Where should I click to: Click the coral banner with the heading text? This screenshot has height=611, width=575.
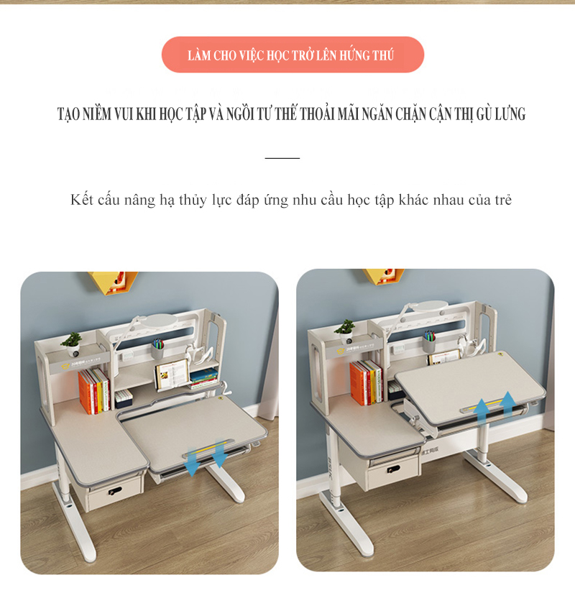pyautogui.click(x=293, y=55)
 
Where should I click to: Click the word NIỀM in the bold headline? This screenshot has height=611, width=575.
pyautogui.click(x=96, y=114)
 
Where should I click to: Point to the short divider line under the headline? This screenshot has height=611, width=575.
pyautogui.click(x=282, y=158)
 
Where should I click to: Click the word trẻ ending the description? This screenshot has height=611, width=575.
pyautogui.click(x=503, y=201)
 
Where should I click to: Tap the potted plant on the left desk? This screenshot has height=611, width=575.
pyautogui.click(x=72, y=344)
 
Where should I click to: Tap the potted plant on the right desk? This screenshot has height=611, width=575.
pyautogui.click(x=345, y=331)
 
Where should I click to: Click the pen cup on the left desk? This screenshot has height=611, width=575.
pyautogui.click(x=157, y=349)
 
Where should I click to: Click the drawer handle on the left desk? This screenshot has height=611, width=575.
pyautogui.click(x=114, y=491)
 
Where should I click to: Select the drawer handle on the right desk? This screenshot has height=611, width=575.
pyautogui.click(x=395, y=469)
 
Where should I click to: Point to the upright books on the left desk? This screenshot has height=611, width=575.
pyautogui.click(x=94, y=391)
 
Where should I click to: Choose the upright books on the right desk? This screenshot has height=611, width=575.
pyautogui.click(x=366, y=382)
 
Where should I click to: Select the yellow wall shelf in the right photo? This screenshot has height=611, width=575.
pyautogui.click(x=383, y=276)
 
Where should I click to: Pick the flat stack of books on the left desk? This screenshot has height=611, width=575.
pyautogui.click(x=203, y=378)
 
